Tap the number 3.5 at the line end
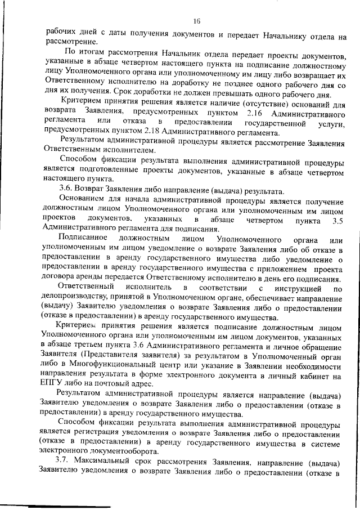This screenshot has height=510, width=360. [336, 221]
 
